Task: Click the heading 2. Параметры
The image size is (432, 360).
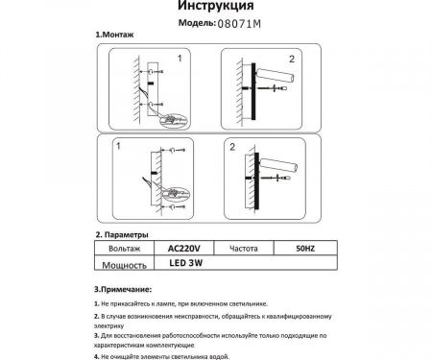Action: (122, 235)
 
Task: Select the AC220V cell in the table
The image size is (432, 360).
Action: (180, 247)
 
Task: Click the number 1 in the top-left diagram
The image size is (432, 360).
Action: (178, 60)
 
